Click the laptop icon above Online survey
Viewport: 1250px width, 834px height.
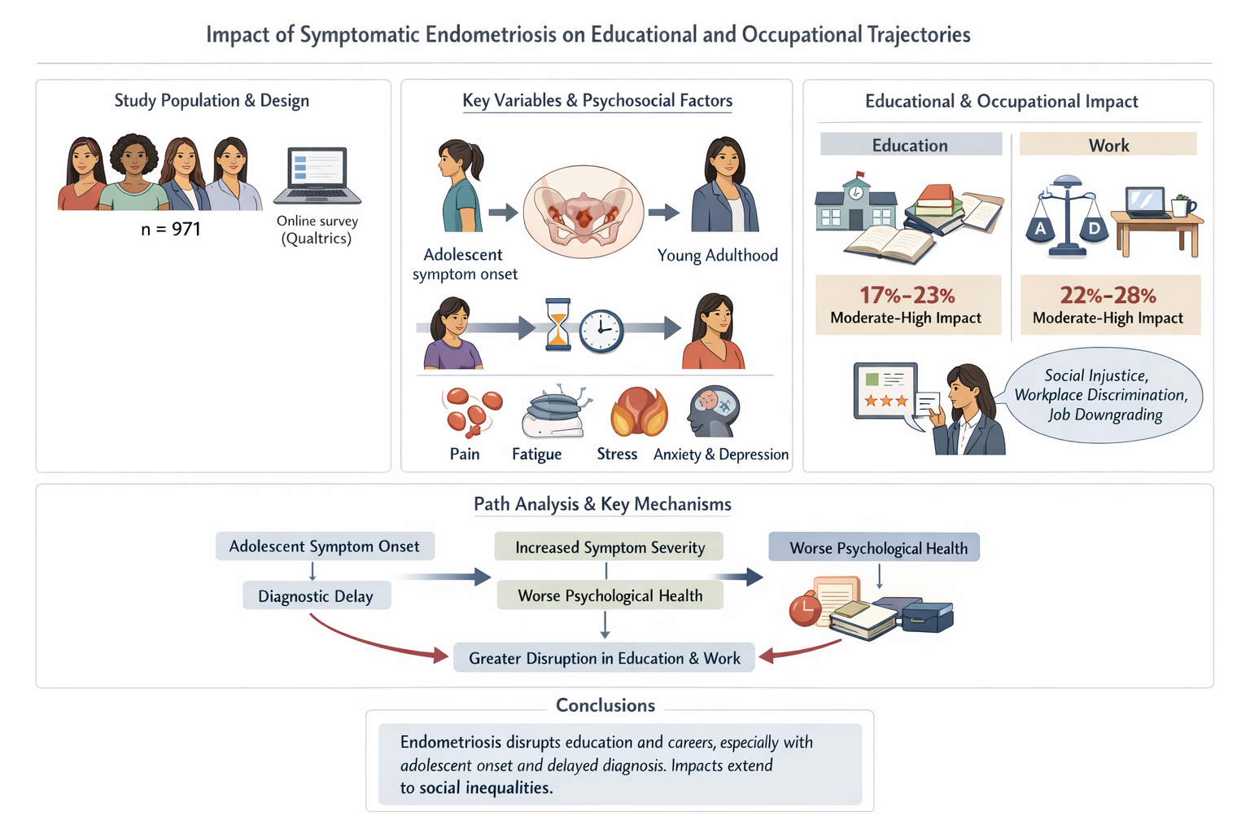point(317,175)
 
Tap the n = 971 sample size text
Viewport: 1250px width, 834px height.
point(171,229)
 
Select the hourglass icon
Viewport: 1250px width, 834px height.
point(558,324)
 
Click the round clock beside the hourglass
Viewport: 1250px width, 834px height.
point(601,331)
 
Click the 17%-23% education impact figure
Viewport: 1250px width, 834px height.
point(907,295)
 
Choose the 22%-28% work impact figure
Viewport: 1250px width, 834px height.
point(1108,295)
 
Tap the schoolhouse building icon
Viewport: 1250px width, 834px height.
point(855,204)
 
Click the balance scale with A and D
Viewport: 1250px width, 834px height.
point(1067,217)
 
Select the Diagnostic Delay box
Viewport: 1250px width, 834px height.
point(316,596)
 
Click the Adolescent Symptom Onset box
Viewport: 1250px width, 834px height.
point(325,546)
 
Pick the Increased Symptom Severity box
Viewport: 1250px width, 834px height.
point(610,547)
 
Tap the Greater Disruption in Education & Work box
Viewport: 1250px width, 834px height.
point(604,658)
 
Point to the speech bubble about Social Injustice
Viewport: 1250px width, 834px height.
point(1104,395)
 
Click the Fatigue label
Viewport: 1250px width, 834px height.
point(536,454)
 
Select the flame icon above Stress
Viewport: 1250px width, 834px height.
point(639,412)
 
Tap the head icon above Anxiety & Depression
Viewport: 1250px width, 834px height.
point(714,412)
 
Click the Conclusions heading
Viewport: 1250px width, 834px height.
point(605,705)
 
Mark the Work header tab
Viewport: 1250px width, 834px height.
point(1108,145)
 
